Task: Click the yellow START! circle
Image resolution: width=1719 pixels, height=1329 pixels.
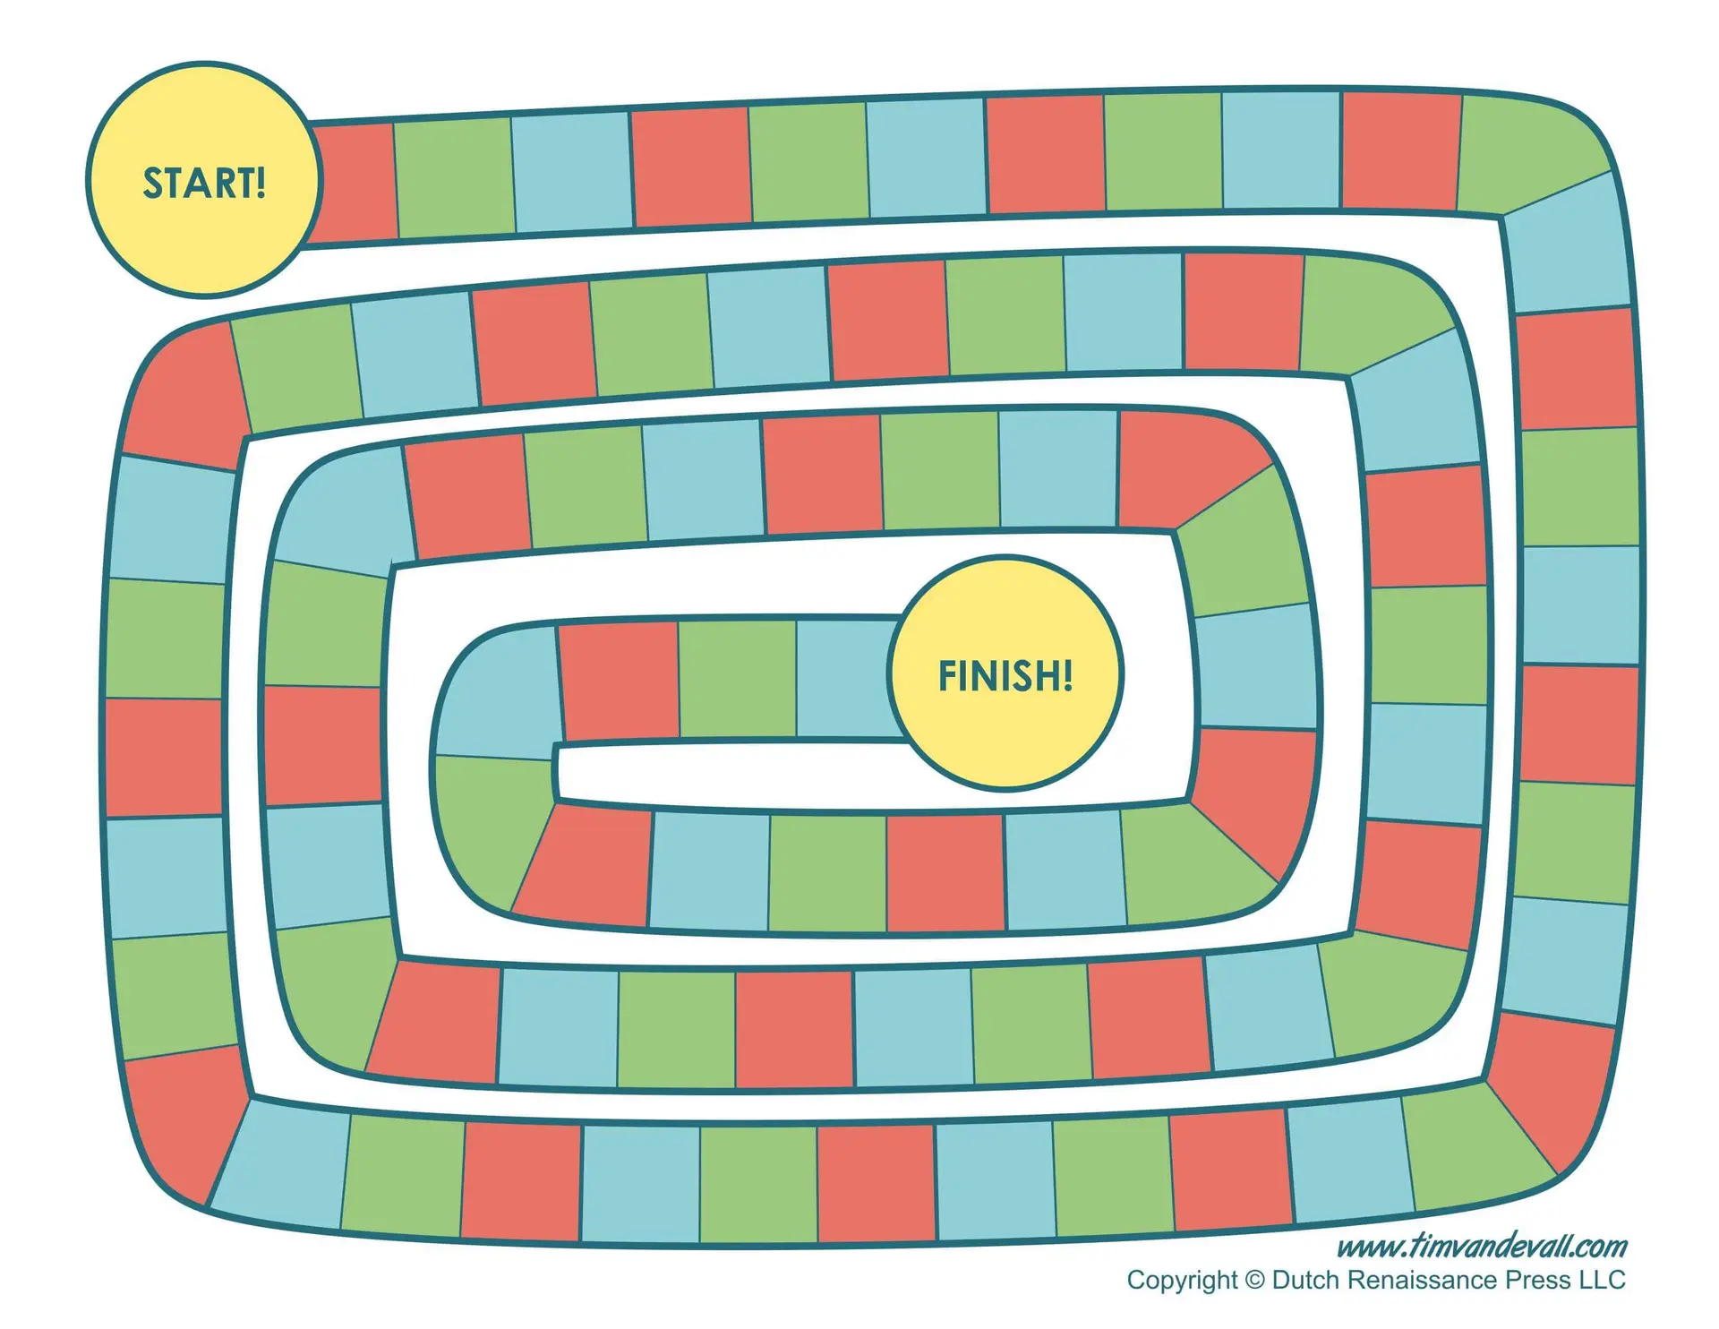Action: pyautogui.click(x=204, y=180)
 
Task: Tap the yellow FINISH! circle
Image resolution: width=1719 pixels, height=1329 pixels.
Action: pyautogui.click(x=1005, y=673)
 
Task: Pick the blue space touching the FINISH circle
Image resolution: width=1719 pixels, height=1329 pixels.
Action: pyautogui.click(x=846, y=679)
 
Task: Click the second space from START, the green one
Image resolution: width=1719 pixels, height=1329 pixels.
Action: pyautogui.click(x=455, y=177)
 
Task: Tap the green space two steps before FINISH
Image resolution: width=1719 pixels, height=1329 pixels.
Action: pyautogui.click(x=737, y=680)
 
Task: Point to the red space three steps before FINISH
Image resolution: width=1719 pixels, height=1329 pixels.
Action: pyautogui.click(x=619, y=682)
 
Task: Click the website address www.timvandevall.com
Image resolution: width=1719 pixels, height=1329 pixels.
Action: pyautogui.click(x=1482, y=1246)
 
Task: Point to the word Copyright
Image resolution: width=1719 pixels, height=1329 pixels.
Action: pyautogui.click(x=1182, y=1281)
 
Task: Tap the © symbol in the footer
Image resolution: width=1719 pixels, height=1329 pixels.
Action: pyautogui.click(x=1255, y=1281)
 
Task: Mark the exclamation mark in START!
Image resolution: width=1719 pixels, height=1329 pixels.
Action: pyautogui.click(x=261, y=183)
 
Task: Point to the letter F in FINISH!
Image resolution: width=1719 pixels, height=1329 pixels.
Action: pyautogui.click(x=947, y=676)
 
